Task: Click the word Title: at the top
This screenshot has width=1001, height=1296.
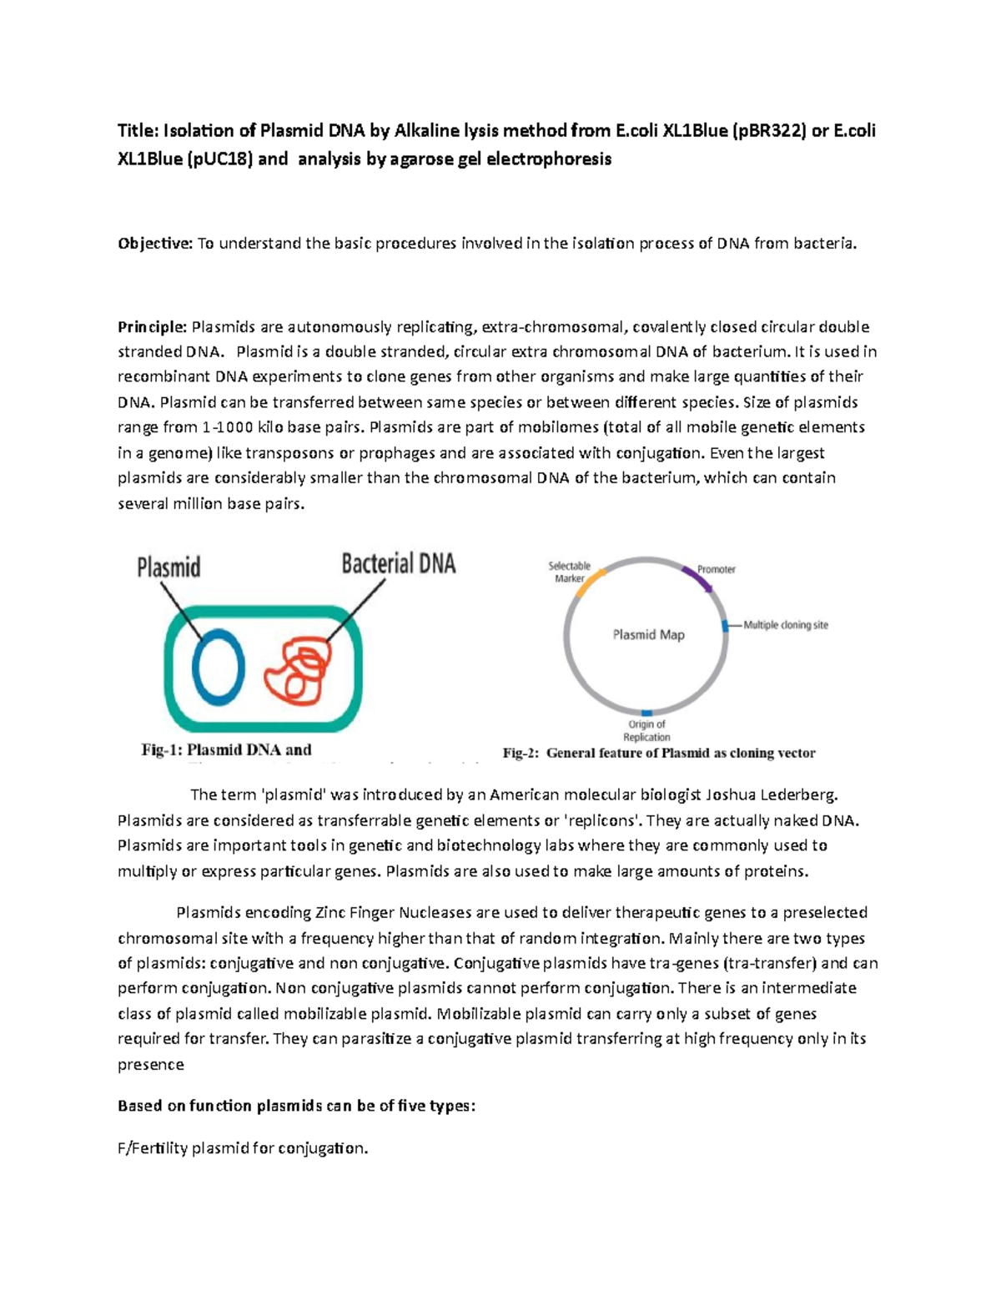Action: pyautogui.click(x=138, y=131)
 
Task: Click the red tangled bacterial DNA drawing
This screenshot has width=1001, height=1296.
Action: pyautogui.click(x=296, y=668)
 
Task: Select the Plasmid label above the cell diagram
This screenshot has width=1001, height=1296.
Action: pyautogui.click(x=169, y=567)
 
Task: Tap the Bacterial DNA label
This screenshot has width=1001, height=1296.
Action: pyautogui.click(x=398, y=564)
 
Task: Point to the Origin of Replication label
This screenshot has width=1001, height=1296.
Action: pyautogui.click(x=646, y=730)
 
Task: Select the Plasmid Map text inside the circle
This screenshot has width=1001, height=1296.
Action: pyautogui.click(x=648, y=635)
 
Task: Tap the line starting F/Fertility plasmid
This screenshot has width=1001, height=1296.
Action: pyautogui.click(x=242, y=1148)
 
